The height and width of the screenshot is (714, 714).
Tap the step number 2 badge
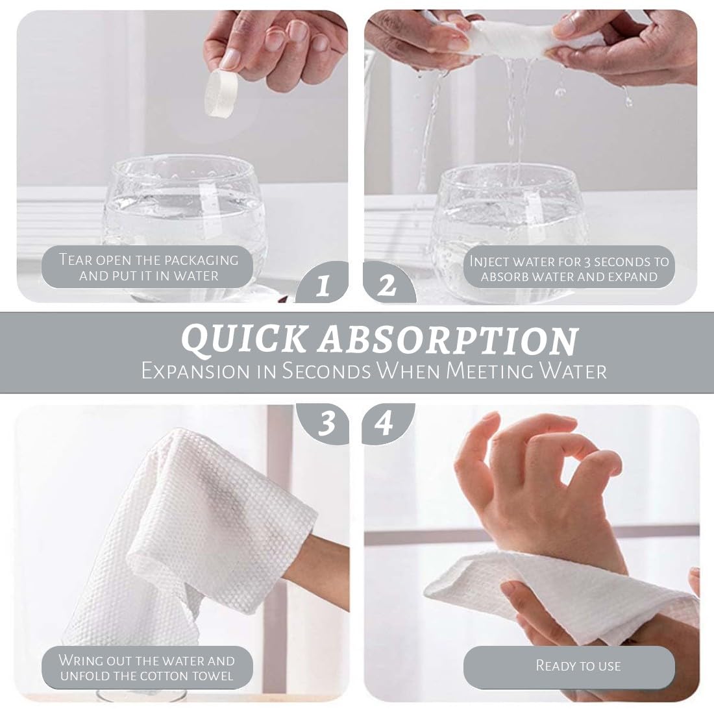click(x=388, y=284)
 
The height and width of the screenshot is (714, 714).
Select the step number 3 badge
click(x=325, y=423)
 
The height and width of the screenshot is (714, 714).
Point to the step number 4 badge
click(x=386, y=423)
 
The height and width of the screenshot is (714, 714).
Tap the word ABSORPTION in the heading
click(x=448, y=339)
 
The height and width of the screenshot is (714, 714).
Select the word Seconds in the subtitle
click(x=326, y=371)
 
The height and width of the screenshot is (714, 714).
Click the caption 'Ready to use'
click(x=578, y=666)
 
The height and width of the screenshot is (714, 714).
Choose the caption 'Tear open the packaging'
click(x=149, y=260)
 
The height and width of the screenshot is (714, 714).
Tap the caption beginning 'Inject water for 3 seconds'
click(x=569, y=269)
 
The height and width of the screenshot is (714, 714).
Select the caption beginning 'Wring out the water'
click(x=147, y=667)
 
